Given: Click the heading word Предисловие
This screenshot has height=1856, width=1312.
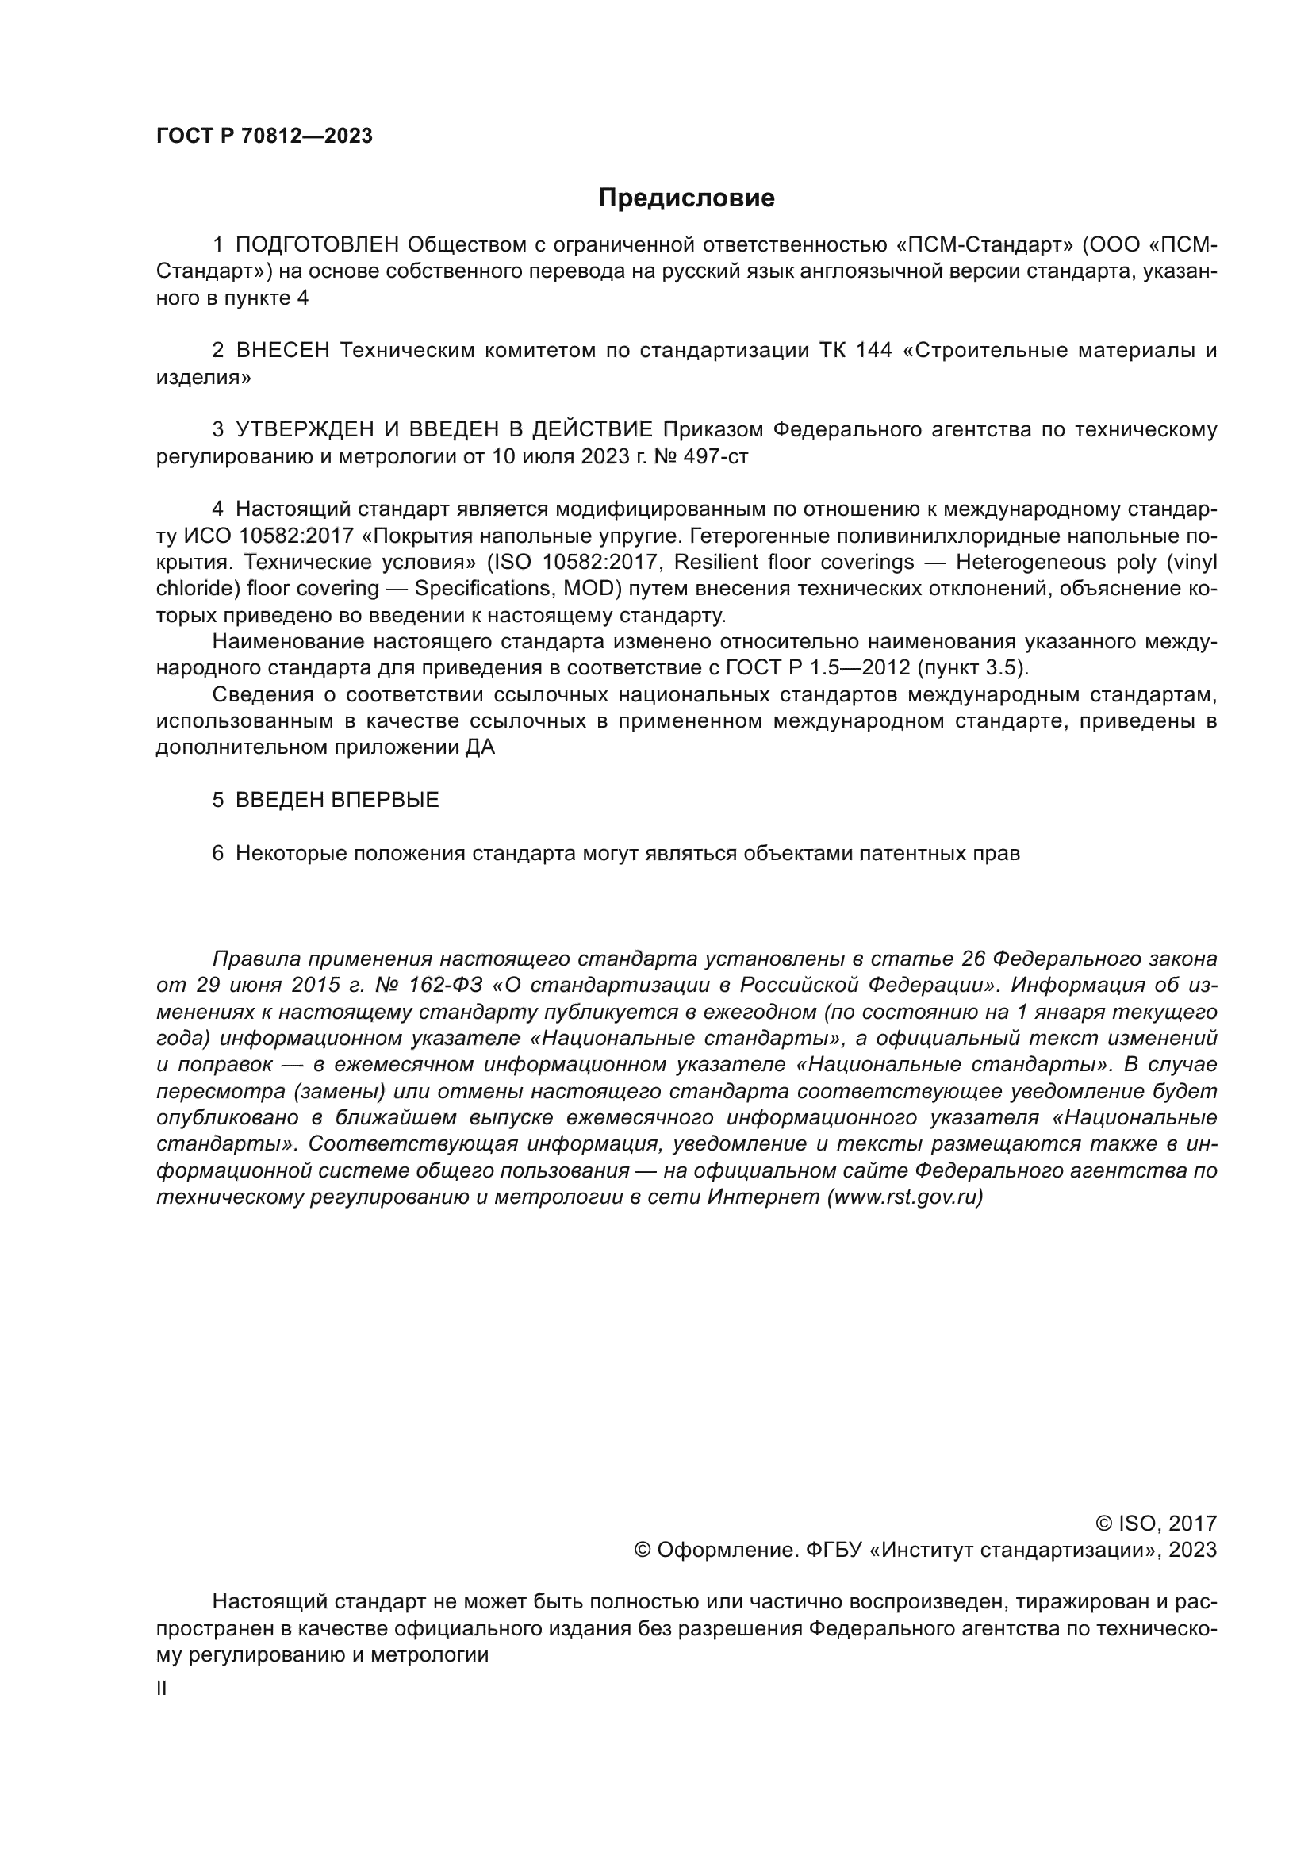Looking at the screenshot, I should [x=686, y=198].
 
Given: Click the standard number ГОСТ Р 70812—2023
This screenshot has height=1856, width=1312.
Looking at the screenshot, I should [x=264, y=136].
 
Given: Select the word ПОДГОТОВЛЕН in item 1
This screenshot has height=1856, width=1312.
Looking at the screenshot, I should [x=317, y=245].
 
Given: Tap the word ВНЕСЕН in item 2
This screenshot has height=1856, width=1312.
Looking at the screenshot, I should [x=282, y=350].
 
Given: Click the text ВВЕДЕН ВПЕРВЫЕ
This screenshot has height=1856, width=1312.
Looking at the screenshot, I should [x=337, y=801].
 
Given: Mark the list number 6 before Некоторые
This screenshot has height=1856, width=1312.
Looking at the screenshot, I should [x=218, y=854].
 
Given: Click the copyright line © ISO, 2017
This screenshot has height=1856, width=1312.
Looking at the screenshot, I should [x=1156, y=1524].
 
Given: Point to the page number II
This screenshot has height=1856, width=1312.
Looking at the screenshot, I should [x=162, y=1689].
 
